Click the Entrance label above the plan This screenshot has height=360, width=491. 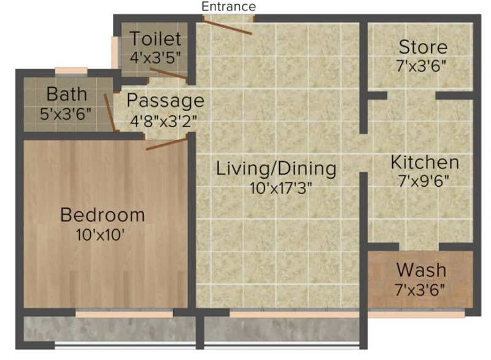pos(228,7)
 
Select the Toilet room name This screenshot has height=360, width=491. pos(155,39)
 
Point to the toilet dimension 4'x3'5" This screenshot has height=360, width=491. pos(155,58)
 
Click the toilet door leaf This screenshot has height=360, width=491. pos(168,73)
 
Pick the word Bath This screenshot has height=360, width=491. pos(67,94)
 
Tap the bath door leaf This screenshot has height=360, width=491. pos(110,113)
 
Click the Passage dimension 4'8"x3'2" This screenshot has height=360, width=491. pos(163,121)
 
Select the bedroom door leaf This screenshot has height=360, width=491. pos(166,144)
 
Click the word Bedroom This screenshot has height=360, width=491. pos(102,215)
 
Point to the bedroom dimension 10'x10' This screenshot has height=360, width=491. pos(100,234)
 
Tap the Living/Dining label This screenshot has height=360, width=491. pos(276,168)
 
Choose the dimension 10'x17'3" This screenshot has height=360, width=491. pos(281,189)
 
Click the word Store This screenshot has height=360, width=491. pos(423,47)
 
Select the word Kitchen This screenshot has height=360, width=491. pos(425,162)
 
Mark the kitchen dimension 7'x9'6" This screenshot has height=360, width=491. pos(423,181)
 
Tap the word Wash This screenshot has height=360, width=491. pos(421,270)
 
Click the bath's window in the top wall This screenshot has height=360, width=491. pos(71,71)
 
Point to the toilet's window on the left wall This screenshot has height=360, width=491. pos(116,52)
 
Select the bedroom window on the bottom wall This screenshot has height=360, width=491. pos(124,313)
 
